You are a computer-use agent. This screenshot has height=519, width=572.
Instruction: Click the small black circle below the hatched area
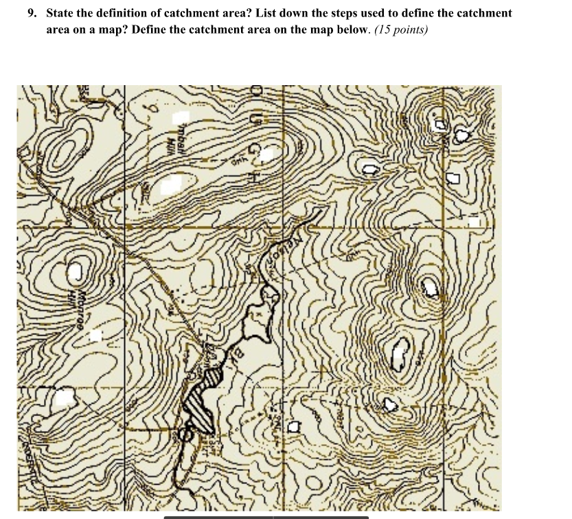[184, 434]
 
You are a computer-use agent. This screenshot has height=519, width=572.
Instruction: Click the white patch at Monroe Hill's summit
[77, 268]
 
